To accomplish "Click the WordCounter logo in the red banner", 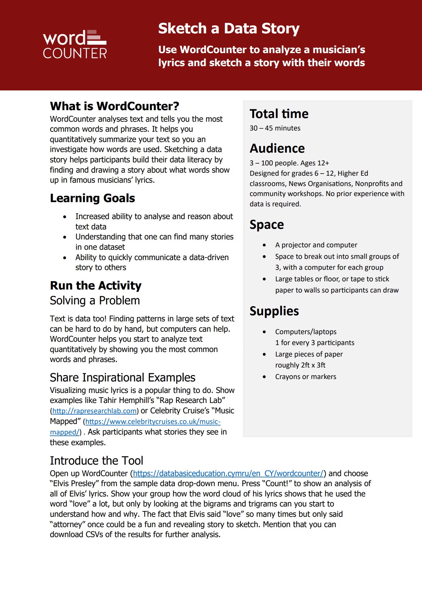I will click(75, 44).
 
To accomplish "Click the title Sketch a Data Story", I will click(228, 29).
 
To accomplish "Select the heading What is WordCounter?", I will click(115, 106).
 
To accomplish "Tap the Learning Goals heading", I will click(92, 198).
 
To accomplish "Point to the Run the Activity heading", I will click(96, 286).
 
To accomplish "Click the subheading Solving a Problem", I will click(95, 300).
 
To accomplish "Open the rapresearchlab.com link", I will click(94, 411).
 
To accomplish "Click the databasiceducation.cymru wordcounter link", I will click(228, 473).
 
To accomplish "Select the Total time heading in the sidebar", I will click(279, 114).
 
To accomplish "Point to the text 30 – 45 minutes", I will click(275, 128).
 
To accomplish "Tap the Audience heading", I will click(277, 148).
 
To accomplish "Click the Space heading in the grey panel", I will click(266, 225).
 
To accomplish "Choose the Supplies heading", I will click(274, 311).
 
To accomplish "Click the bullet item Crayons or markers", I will click(306, 377).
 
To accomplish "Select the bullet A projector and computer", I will click(316, 245).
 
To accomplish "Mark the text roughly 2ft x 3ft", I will click(300, 365).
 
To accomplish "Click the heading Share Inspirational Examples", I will click(122, 378).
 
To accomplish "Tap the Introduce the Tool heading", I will click(96, 461).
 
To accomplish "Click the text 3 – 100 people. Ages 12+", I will click(289, 163).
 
